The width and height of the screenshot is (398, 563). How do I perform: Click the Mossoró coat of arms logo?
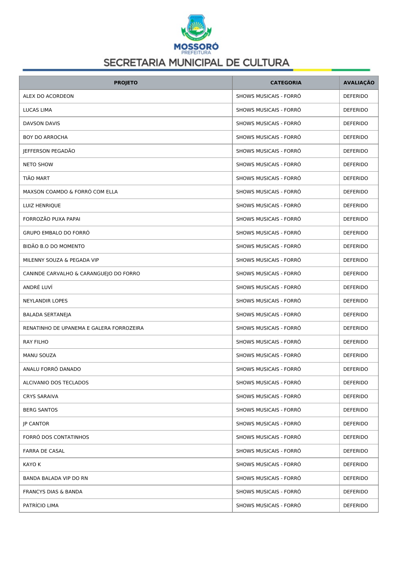coord(196,28)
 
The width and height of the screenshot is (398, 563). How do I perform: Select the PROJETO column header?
coord(125,83)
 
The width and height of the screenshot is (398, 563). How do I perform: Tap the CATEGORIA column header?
coord(286,83)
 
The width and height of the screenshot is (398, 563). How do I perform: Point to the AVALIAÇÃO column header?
coord(359,83)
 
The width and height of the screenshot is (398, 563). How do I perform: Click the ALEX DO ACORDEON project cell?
coord(48,96)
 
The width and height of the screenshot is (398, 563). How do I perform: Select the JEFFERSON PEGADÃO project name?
coord(49,151)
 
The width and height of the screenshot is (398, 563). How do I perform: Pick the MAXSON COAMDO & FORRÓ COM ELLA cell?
coord(70,192)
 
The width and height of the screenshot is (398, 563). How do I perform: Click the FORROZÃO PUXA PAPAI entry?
coord(52,219)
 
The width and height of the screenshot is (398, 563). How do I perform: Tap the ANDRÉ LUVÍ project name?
coord(38,287)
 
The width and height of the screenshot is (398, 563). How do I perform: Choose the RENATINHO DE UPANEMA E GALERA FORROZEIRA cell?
coord(83,328)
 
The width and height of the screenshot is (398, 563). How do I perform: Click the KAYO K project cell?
coord(32,465)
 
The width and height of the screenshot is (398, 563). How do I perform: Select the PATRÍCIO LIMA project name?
coord(41,506)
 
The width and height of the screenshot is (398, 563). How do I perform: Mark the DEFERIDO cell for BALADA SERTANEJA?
coord(355,315)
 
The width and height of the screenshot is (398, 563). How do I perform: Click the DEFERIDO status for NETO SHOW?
coord(355,165)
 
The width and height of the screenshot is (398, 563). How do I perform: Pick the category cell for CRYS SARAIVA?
coord(268,397)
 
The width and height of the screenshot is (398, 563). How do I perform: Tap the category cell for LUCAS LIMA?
coord(268,110)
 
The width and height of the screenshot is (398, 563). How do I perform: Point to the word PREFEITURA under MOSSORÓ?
coord(196,53)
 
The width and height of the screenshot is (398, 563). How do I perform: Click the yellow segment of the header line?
coord(312,70)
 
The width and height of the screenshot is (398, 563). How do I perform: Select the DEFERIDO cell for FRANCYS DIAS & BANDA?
coord(355,492)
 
